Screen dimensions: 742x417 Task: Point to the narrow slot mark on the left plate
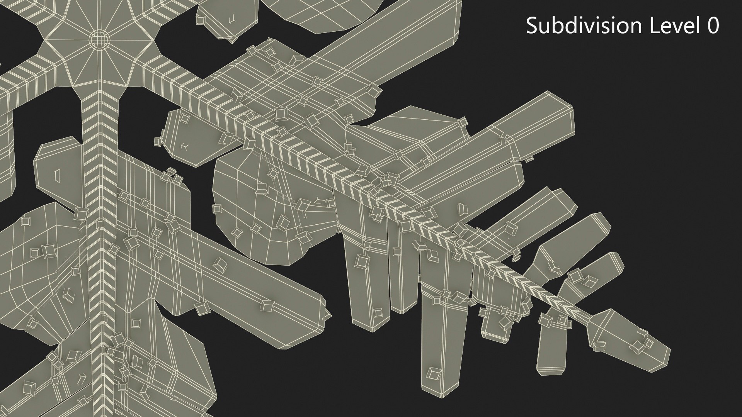point(58,175)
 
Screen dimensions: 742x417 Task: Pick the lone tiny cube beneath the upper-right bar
point(530,158)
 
